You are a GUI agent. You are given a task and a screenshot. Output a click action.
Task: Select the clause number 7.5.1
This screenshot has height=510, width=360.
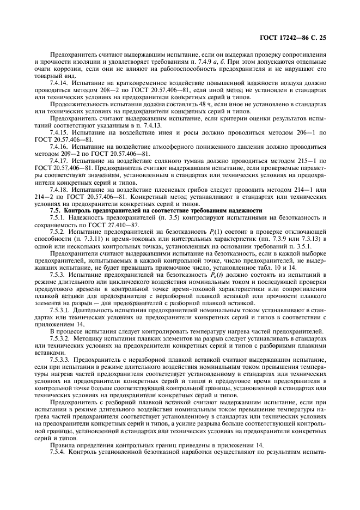click(59, 217)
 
